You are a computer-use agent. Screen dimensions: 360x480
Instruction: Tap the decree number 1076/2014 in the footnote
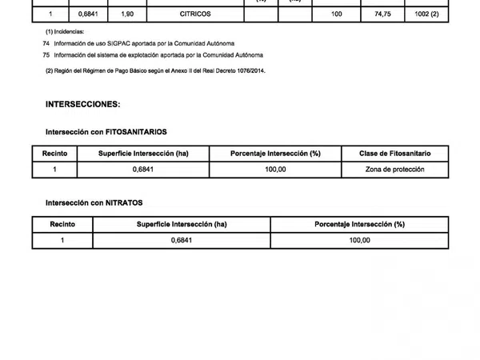tap(250, 71)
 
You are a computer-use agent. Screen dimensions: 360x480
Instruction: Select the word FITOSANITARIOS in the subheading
tap(136, 131)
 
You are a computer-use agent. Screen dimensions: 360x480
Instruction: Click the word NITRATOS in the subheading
tap(124, 203)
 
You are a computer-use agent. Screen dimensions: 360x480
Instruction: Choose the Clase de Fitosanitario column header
tap(394, 153)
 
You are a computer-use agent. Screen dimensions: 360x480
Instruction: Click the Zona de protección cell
tap(394, 170)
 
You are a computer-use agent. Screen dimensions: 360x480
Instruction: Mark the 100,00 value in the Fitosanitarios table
tap(275, 170)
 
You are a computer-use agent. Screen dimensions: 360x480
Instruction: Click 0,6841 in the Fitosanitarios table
tap(143, 170)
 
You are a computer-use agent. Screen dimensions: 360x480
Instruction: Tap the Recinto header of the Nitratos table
tap(62, 225)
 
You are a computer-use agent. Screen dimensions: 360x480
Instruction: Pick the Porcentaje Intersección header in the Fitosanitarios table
tap(275, 153)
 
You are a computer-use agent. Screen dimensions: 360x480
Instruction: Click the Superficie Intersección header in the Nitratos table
tap(182, 225)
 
